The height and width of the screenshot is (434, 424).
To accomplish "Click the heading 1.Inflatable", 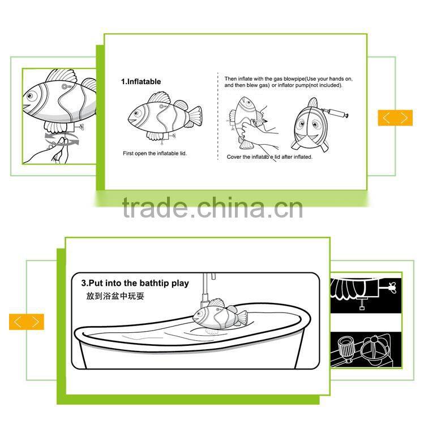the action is tap(141, 81).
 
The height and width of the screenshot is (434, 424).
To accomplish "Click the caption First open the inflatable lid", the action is tap(155, 153).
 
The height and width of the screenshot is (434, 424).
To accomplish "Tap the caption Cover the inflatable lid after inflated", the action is tap(269, 157).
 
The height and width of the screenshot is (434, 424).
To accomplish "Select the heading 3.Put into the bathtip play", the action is tap(135, 283).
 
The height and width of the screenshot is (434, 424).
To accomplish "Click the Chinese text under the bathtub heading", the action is tap(115, 296).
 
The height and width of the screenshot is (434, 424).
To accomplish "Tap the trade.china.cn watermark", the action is tap(212, 207).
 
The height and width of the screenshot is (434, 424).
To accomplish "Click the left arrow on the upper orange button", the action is tap(386, 118).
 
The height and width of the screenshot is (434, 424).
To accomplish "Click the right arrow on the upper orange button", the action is tap(404, 118).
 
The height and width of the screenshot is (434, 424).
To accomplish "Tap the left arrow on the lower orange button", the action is tap(18, 322).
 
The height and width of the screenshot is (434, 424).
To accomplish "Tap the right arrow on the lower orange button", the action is tap(36, 322).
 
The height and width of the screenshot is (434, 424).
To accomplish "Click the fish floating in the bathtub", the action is tap(219, 315).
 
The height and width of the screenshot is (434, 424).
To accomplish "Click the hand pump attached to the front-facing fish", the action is tap(336, 113).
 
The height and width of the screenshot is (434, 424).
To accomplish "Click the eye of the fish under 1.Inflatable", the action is tap(136, 113).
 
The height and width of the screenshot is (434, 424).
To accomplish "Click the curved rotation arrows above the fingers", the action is tap(62, 138).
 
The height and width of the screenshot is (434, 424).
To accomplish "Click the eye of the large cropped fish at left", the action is tap(31, 96).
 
